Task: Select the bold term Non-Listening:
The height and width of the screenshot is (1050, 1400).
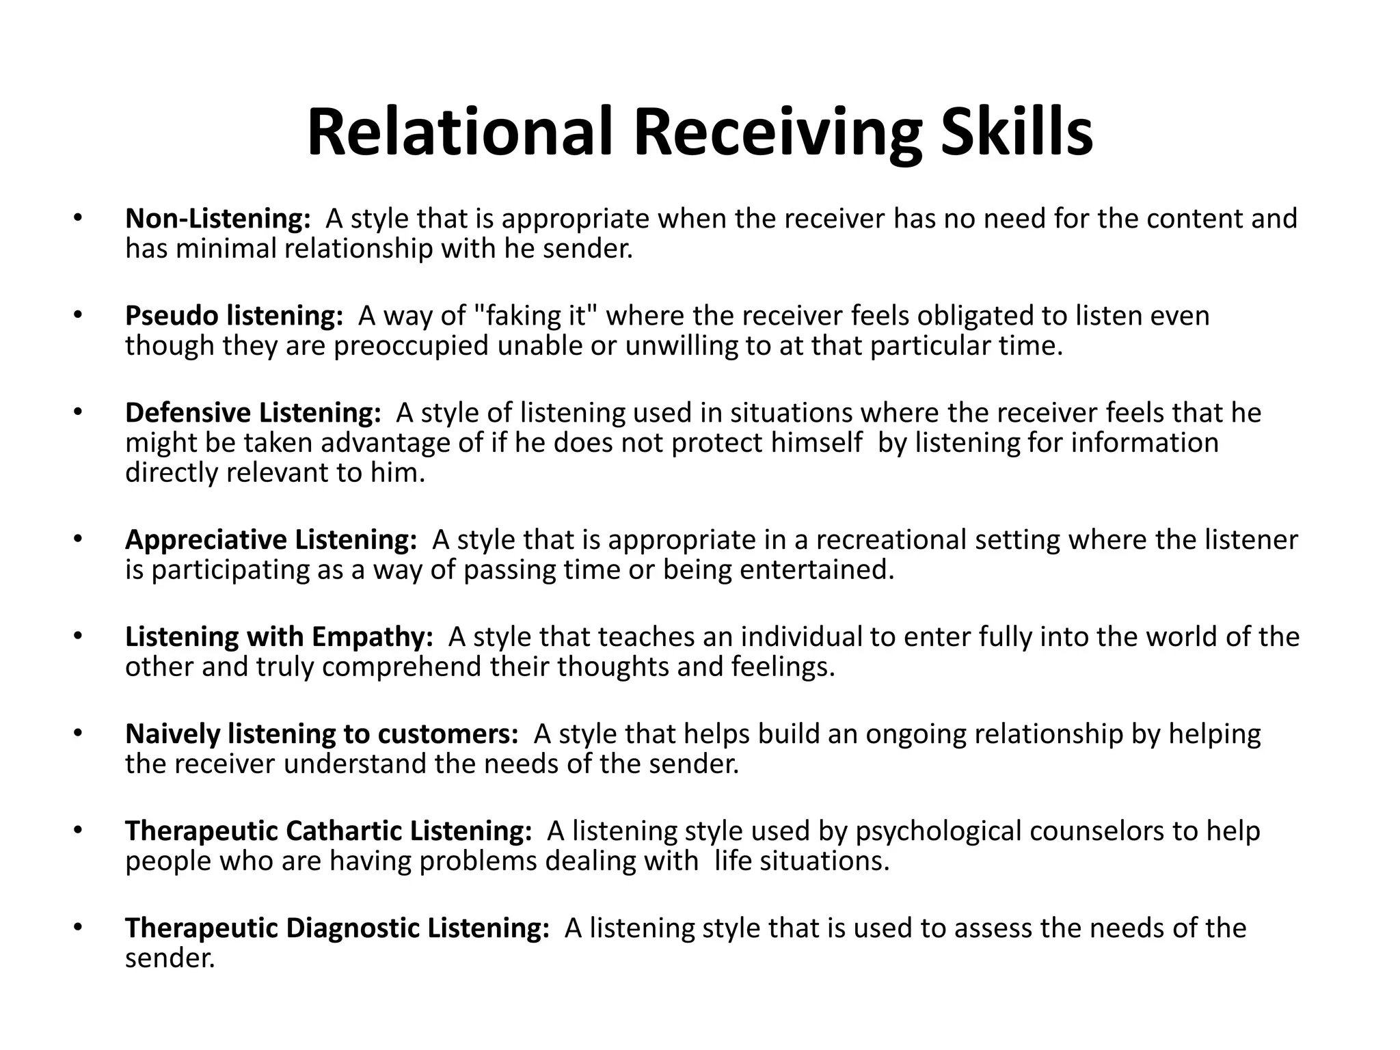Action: point(218,219)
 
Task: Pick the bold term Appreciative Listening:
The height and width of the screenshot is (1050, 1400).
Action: point(271,540)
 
